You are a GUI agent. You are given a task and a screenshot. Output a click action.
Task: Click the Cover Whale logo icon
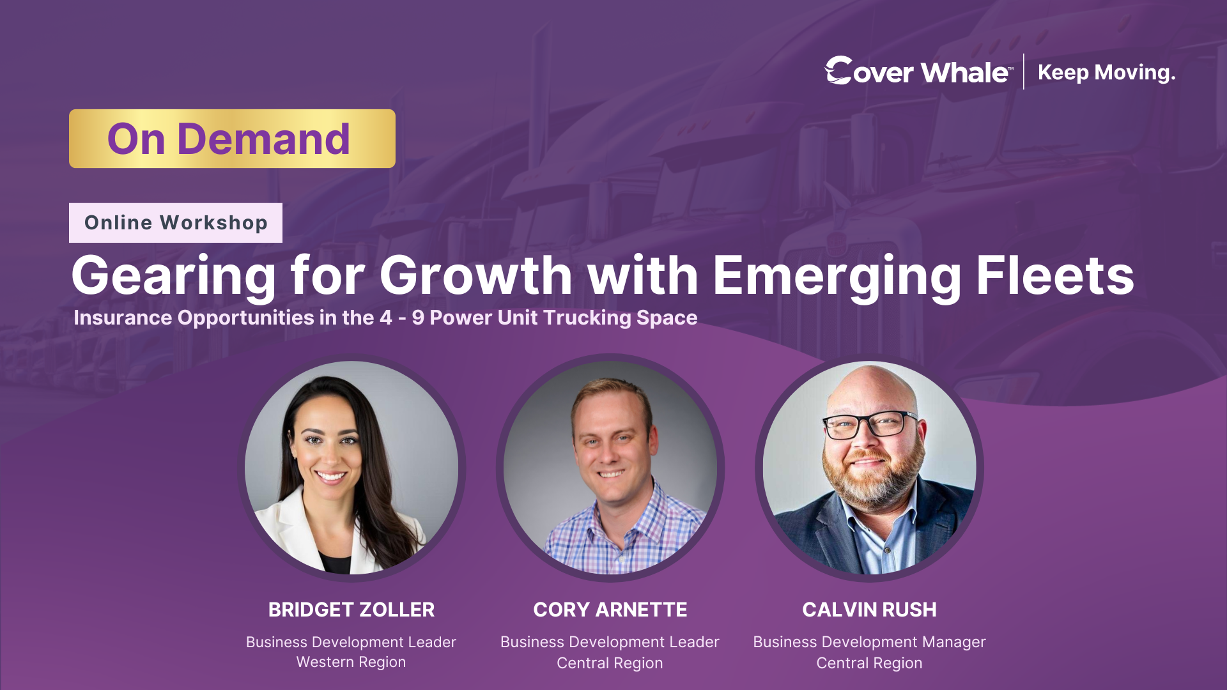click(838, 70)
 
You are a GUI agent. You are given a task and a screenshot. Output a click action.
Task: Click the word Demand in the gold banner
click(263, 139)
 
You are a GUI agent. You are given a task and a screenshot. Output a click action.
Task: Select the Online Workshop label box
click(176, 223)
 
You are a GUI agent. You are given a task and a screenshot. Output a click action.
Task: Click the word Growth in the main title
click(475, 276)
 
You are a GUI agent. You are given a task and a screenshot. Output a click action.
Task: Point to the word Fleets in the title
click(1054, 276)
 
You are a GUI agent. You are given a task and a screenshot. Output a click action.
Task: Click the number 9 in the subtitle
click(418, 318)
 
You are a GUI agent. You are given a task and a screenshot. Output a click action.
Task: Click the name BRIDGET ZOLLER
click(351, 609)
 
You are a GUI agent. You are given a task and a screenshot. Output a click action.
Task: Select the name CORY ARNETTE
click(610, 609)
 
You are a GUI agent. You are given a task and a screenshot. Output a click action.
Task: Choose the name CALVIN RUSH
click(869, 609)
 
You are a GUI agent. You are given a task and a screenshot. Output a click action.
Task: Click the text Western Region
click(351, 662)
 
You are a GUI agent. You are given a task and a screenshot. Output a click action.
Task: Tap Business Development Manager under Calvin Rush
click(869, 642)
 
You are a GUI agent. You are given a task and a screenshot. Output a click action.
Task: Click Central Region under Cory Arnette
click(610, 663)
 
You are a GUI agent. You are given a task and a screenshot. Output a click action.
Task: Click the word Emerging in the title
click(837, 276)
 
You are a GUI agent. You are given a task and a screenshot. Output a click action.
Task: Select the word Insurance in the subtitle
click(122, 318)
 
